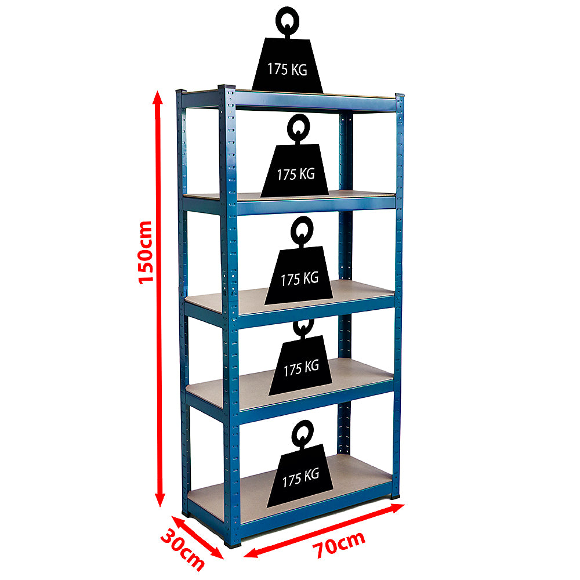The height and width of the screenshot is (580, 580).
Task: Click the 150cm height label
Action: tap(146, 252)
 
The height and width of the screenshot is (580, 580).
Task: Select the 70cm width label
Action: tap(339, 544)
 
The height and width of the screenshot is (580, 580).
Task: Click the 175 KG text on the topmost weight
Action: tap(287, 69)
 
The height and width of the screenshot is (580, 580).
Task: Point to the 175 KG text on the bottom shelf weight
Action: tap(300, 477)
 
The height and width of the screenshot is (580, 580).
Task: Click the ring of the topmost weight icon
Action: tap(288, 19)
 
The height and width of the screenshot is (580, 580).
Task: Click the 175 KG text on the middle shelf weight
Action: tap(300, 278)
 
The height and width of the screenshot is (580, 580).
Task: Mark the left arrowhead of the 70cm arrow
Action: tap(252, 552)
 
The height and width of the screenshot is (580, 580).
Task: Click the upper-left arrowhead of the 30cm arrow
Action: tap(177, 521)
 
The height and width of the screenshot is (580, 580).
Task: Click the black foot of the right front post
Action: tap(395, 496)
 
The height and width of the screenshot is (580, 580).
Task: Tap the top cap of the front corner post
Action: tap(226, 88)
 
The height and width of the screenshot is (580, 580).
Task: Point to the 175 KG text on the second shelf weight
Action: tap(296, 174)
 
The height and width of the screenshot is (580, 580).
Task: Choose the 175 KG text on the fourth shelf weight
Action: tap(301, 368)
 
